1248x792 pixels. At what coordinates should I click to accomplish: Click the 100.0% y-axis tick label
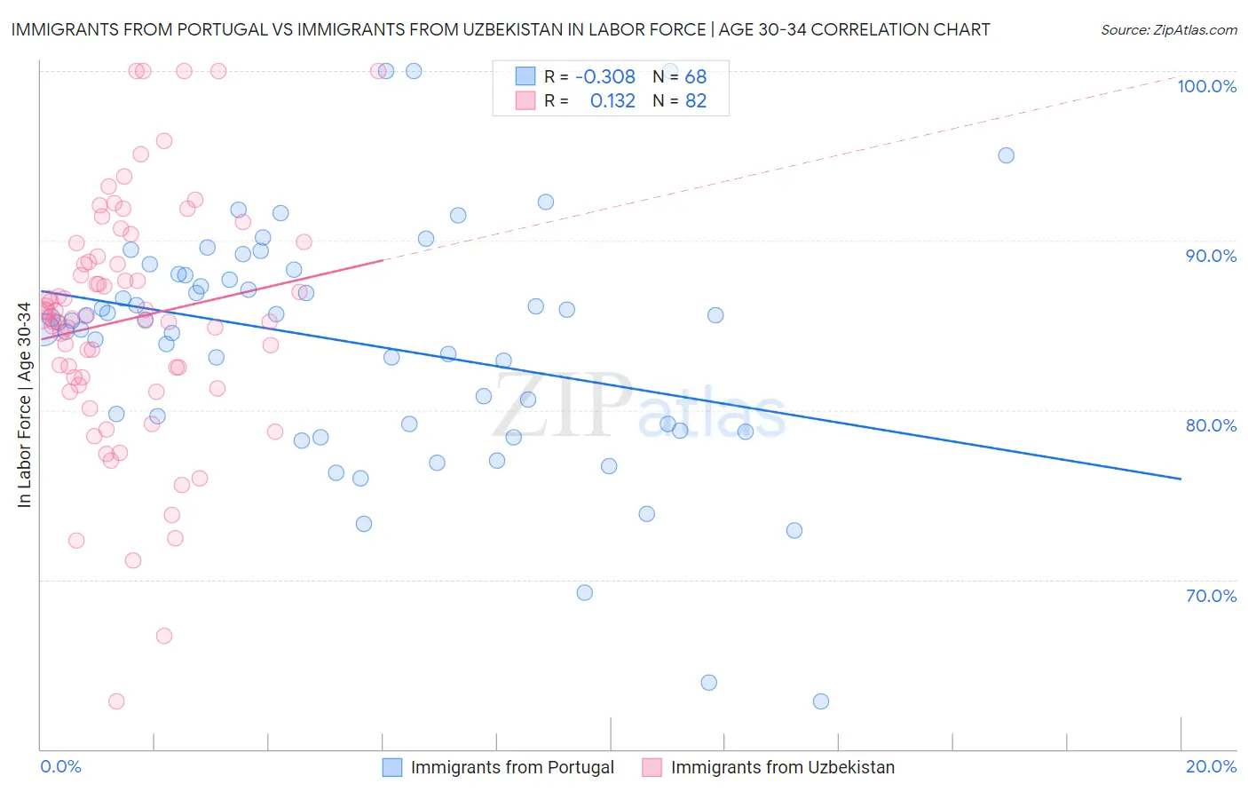(1206, 86)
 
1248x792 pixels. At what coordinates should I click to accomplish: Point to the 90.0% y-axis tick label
(1211, 256)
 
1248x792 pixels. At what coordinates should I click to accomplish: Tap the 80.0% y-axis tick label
(1211, 425)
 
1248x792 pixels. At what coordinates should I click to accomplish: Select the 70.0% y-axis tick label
(1211, 596)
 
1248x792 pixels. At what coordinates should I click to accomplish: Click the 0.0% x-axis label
(60, 766)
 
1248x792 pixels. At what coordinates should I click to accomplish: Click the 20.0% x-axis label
(1211, 766)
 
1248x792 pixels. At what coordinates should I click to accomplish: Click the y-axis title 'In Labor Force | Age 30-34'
(25, 405)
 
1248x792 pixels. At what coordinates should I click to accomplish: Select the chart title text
(501, 29)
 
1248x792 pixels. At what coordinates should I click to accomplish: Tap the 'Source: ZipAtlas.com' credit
(1168, 29)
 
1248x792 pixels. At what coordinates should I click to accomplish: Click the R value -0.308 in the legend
(605, 77)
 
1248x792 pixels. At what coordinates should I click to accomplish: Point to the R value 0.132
(612, 101)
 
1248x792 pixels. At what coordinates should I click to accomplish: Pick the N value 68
(695, 77)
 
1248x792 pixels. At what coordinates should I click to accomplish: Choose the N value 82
(695, 101)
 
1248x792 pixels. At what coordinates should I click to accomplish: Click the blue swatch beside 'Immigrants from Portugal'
(392, 767)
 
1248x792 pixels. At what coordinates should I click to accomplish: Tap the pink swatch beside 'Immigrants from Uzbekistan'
(652, 767)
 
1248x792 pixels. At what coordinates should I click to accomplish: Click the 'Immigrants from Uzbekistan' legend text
(782, 767)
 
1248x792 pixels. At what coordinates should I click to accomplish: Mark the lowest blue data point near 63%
(821, 701)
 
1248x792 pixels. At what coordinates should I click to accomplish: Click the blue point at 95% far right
(1006, 155)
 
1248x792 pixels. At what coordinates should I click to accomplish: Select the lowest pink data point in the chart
(116, 701)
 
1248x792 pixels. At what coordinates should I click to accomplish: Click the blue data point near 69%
(584, 592)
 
